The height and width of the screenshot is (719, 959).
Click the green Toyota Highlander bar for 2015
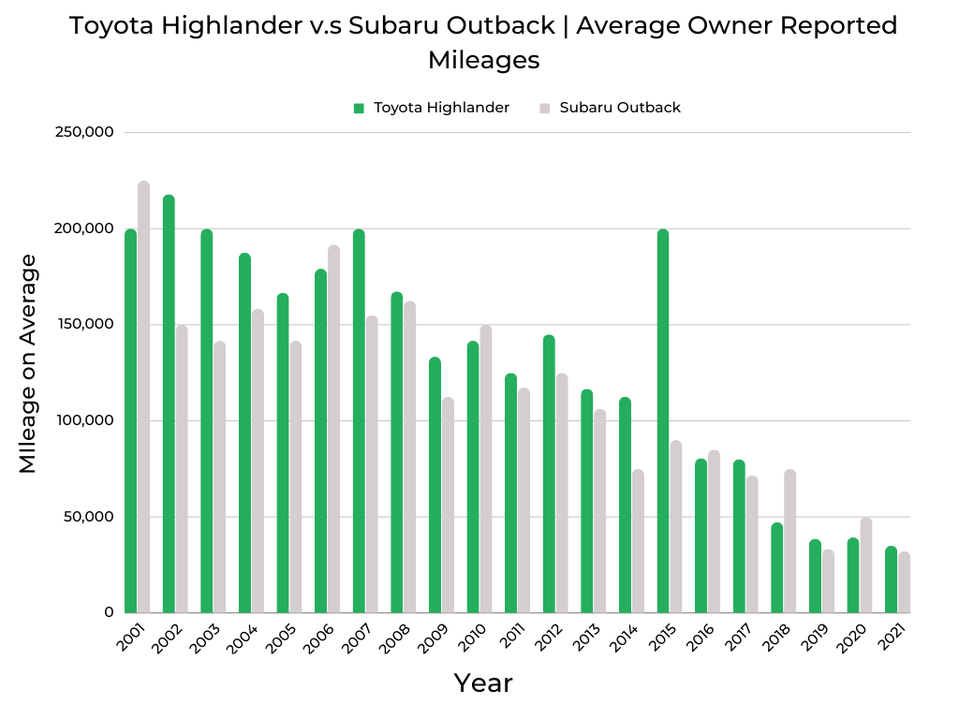pos(663,421)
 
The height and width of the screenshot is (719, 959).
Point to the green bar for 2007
pos(359,421)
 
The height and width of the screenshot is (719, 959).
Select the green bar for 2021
pos(891,580)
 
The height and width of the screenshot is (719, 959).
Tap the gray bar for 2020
pos(865,565)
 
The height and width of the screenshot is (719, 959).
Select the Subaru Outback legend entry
pos(619,108)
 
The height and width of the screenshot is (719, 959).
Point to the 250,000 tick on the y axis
pos(85,132)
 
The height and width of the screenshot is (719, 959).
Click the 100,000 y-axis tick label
pos(85,420)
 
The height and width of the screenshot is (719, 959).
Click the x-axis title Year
pos(483,683)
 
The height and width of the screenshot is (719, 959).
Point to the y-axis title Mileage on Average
pos(28,363)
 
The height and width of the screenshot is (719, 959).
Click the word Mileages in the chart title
pos(483,60)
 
